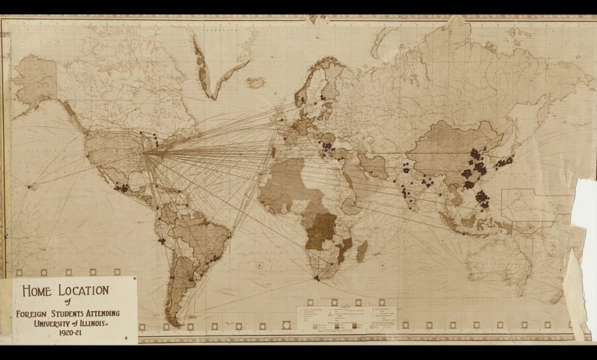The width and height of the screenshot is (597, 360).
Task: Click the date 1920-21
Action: (x=69, y=335)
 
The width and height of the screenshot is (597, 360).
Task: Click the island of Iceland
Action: (x=255, y=82)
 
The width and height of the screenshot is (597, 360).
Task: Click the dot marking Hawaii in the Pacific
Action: (x=31, y=186)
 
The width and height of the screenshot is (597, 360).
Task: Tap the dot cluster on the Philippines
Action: (x=482, y=200)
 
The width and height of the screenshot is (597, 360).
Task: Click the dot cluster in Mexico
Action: (x=122, y=188)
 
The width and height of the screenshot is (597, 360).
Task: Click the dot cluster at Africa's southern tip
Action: (x=317, y=278)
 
